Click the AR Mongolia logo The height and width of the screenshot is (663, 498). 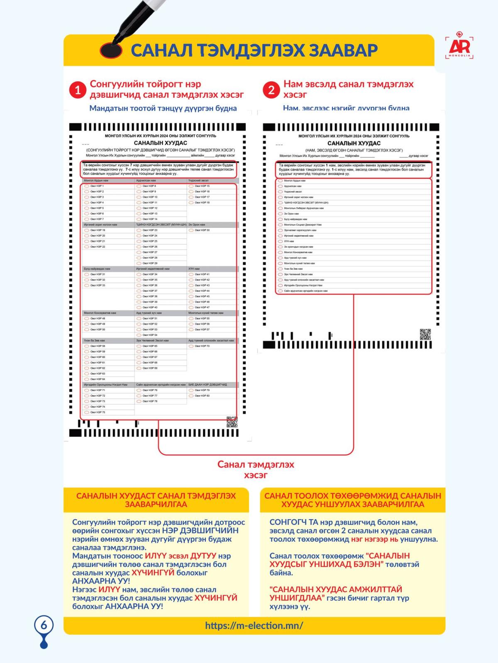coord(459,46)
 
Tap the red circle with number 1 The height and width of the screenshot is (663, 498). coord(78,90)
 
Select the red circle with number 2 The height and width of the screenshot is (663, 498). coord(271,90)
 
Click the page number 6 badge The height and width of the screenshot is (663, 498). coord(44,625)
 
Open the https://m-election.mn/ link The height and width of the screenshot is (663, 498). coord(254,625)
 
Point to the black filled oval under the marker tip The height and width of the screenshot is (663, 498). coord(111,51)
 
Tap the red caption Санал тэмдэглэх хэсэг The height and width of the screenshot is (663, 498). coord(256,469)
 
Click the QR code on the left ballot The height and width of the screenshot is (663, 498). coord(232,422)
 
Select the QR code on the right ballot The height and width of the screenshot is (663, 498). coord(425,334)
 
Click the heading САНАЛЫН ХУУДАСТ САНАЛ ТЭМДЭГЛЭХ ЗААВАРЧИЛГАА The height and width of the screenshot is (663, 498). coord(156,500)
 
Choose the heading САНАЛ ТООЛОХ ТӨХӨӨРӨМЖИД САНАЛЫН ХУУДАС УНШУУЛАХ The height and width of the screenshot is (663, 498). coord(353,500)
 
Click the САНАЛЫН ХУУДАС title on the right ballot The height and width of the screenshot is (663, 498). coord(354,143)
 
